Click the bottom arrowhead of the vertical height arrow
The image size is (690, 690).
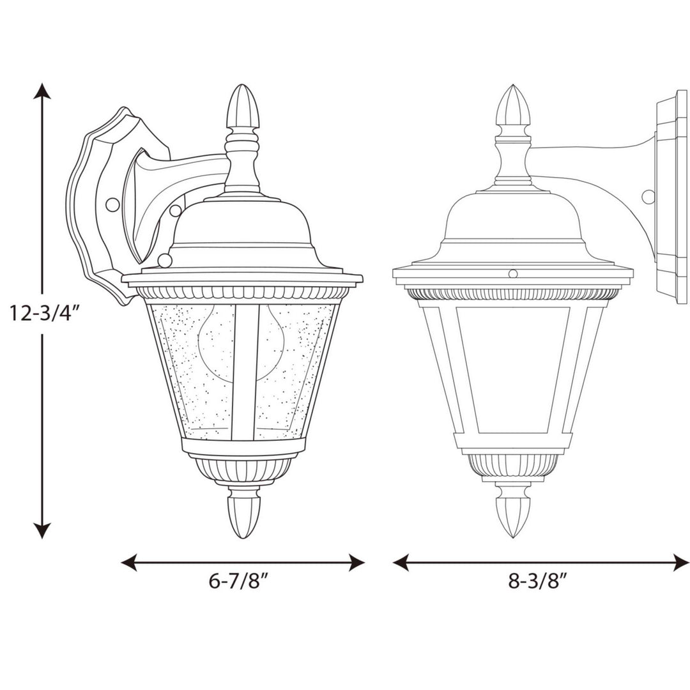point(42,530)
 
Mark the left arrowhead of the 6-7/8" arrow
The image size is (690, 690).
point(128,562)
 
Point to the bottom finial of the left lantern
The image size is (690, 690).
point(245,511)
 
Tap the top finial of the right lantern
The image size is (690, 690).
point(514,105)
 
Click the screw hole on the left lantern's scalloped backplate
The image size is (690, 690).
point(112,204)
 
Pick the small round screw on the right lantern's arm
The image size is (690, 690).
point(648,196)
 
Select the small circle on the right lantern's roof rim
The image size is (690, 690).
point(512,274)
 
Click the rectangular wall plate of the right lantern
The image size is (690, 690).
point(671,198)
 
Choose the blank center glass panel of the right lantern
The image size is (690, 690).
point(513,367)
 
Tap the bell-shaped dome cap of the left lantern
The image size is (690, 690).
point(241,224)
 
